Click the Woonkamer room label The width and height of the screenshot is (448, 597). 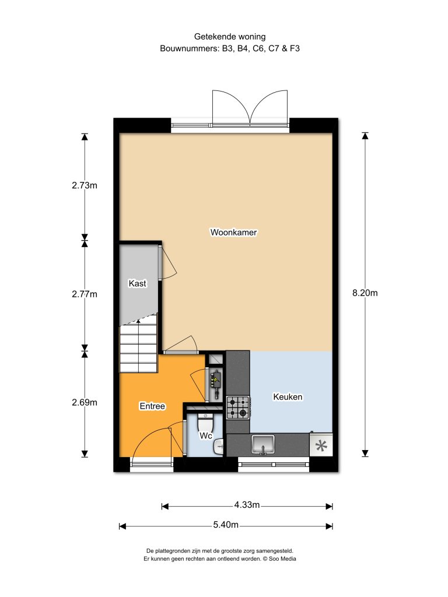click(x=233, y=232)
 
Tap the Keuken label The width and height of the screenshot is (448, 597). click(x=288, y=397)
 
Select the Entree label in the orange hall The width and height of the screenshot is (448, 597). click(x=152, y=406)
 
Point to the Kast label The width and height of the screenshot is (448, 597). click(x=138, y=284)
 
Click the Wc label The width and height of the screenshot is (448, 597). click(x=205, y=436)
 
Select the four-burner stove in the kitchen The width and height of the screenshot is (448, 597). click(x=238, y=407)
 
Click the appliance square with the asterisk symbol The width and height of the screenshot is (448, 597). click(x=321, y=445)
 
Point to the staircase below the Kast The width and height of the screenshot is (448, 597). click(x=139, y=347)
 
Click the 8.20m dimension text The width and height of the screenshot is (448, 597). click(x=365, y=293)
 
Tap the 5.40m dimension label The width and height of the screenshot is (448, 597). click(x=226, y=525)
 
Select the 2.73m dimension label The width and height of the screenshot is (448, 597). click(x=84, y=186)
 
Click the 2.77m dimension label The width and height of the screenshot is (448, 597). click(x=84, y=294)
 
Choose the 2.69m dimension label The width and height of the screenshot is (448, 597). click(x=84, y=402)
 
